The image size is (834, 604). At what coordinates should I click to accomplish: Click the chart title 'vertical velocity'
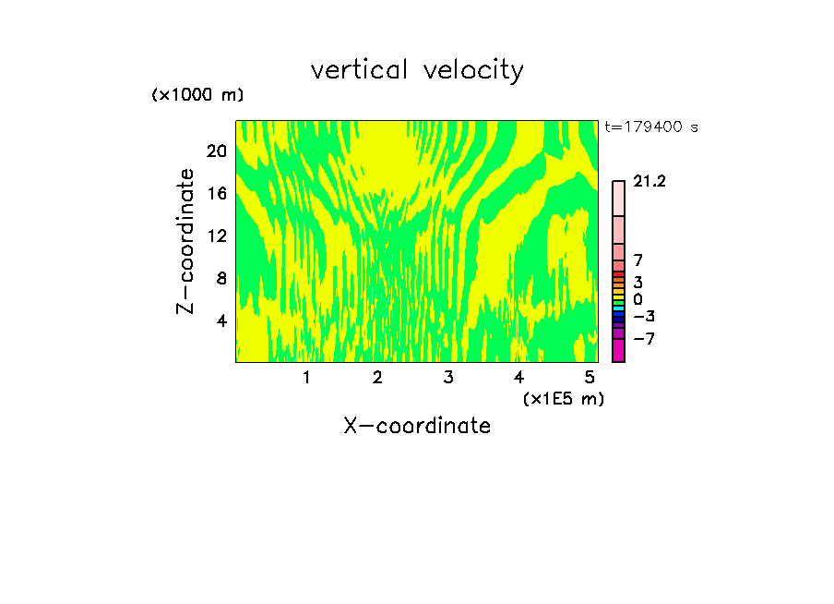click(417, 69)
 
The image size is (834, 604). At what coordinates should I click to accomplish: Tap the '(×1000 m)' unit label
click(197, 95)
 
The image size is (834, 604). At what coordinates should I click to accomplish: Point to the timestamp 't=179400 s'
click(650, 127)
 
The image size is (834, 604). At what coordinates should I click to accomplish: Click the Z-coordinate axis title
click(186, 241)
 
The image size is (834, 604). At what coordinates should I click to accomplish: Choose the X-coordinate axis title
click(417, 426)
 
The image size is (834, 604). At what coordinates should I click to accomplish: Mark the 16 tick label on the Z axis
click(215, 193)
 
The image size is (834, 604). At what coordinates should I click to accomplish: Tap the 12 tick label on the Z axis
click(215, 236)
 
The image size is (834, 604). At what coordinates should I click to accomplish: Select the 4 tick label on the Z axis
click(220, 320)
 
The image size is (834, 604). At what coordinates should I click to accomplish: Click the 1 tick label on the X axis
click(306, 377)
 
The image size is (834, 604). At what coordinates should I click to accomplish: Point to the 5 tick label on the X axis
click(590, 377)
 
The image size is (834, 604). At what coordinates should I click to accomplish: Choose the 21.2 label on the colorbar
click(649, 182)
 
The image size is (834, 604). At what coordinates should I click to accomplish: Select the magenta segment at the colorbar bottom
click(618, 351)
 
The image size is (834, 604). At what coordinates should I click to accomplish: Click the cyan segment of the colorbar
click(618, 308)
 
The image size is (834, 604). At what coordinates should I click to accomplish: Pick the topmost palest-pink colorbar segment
click(618, 199)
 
